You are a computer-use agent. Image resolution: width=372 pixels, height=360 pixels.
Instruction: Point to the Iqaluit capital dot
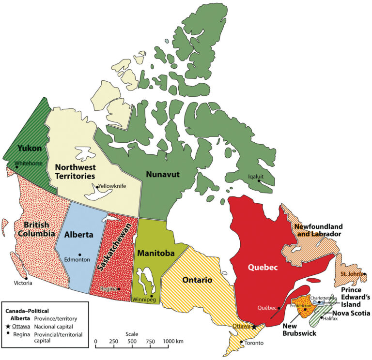[260, 182]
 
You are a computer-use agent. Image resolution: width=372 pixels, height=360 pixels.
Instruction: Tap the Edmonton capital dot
[80, 255]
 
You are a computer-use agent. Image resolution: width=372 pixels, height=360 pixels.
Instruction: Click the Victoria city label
[23, 283]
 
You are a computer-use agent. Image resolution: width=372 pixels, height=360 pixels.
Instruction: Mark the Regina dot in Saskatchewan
[119, 289]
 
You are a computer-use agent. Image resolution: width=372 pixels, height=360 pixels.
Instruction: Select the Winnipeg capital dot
[152, 296]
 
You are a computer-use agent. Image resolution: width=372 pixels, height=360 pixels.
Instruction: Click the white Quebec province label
[262, 266]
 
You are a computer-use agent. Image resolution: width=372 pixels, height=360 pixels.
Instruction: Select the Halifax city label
[330, 318]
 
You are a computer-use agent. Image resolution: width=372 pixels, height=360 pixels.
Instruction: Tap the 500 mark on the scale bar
[132, 342]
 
